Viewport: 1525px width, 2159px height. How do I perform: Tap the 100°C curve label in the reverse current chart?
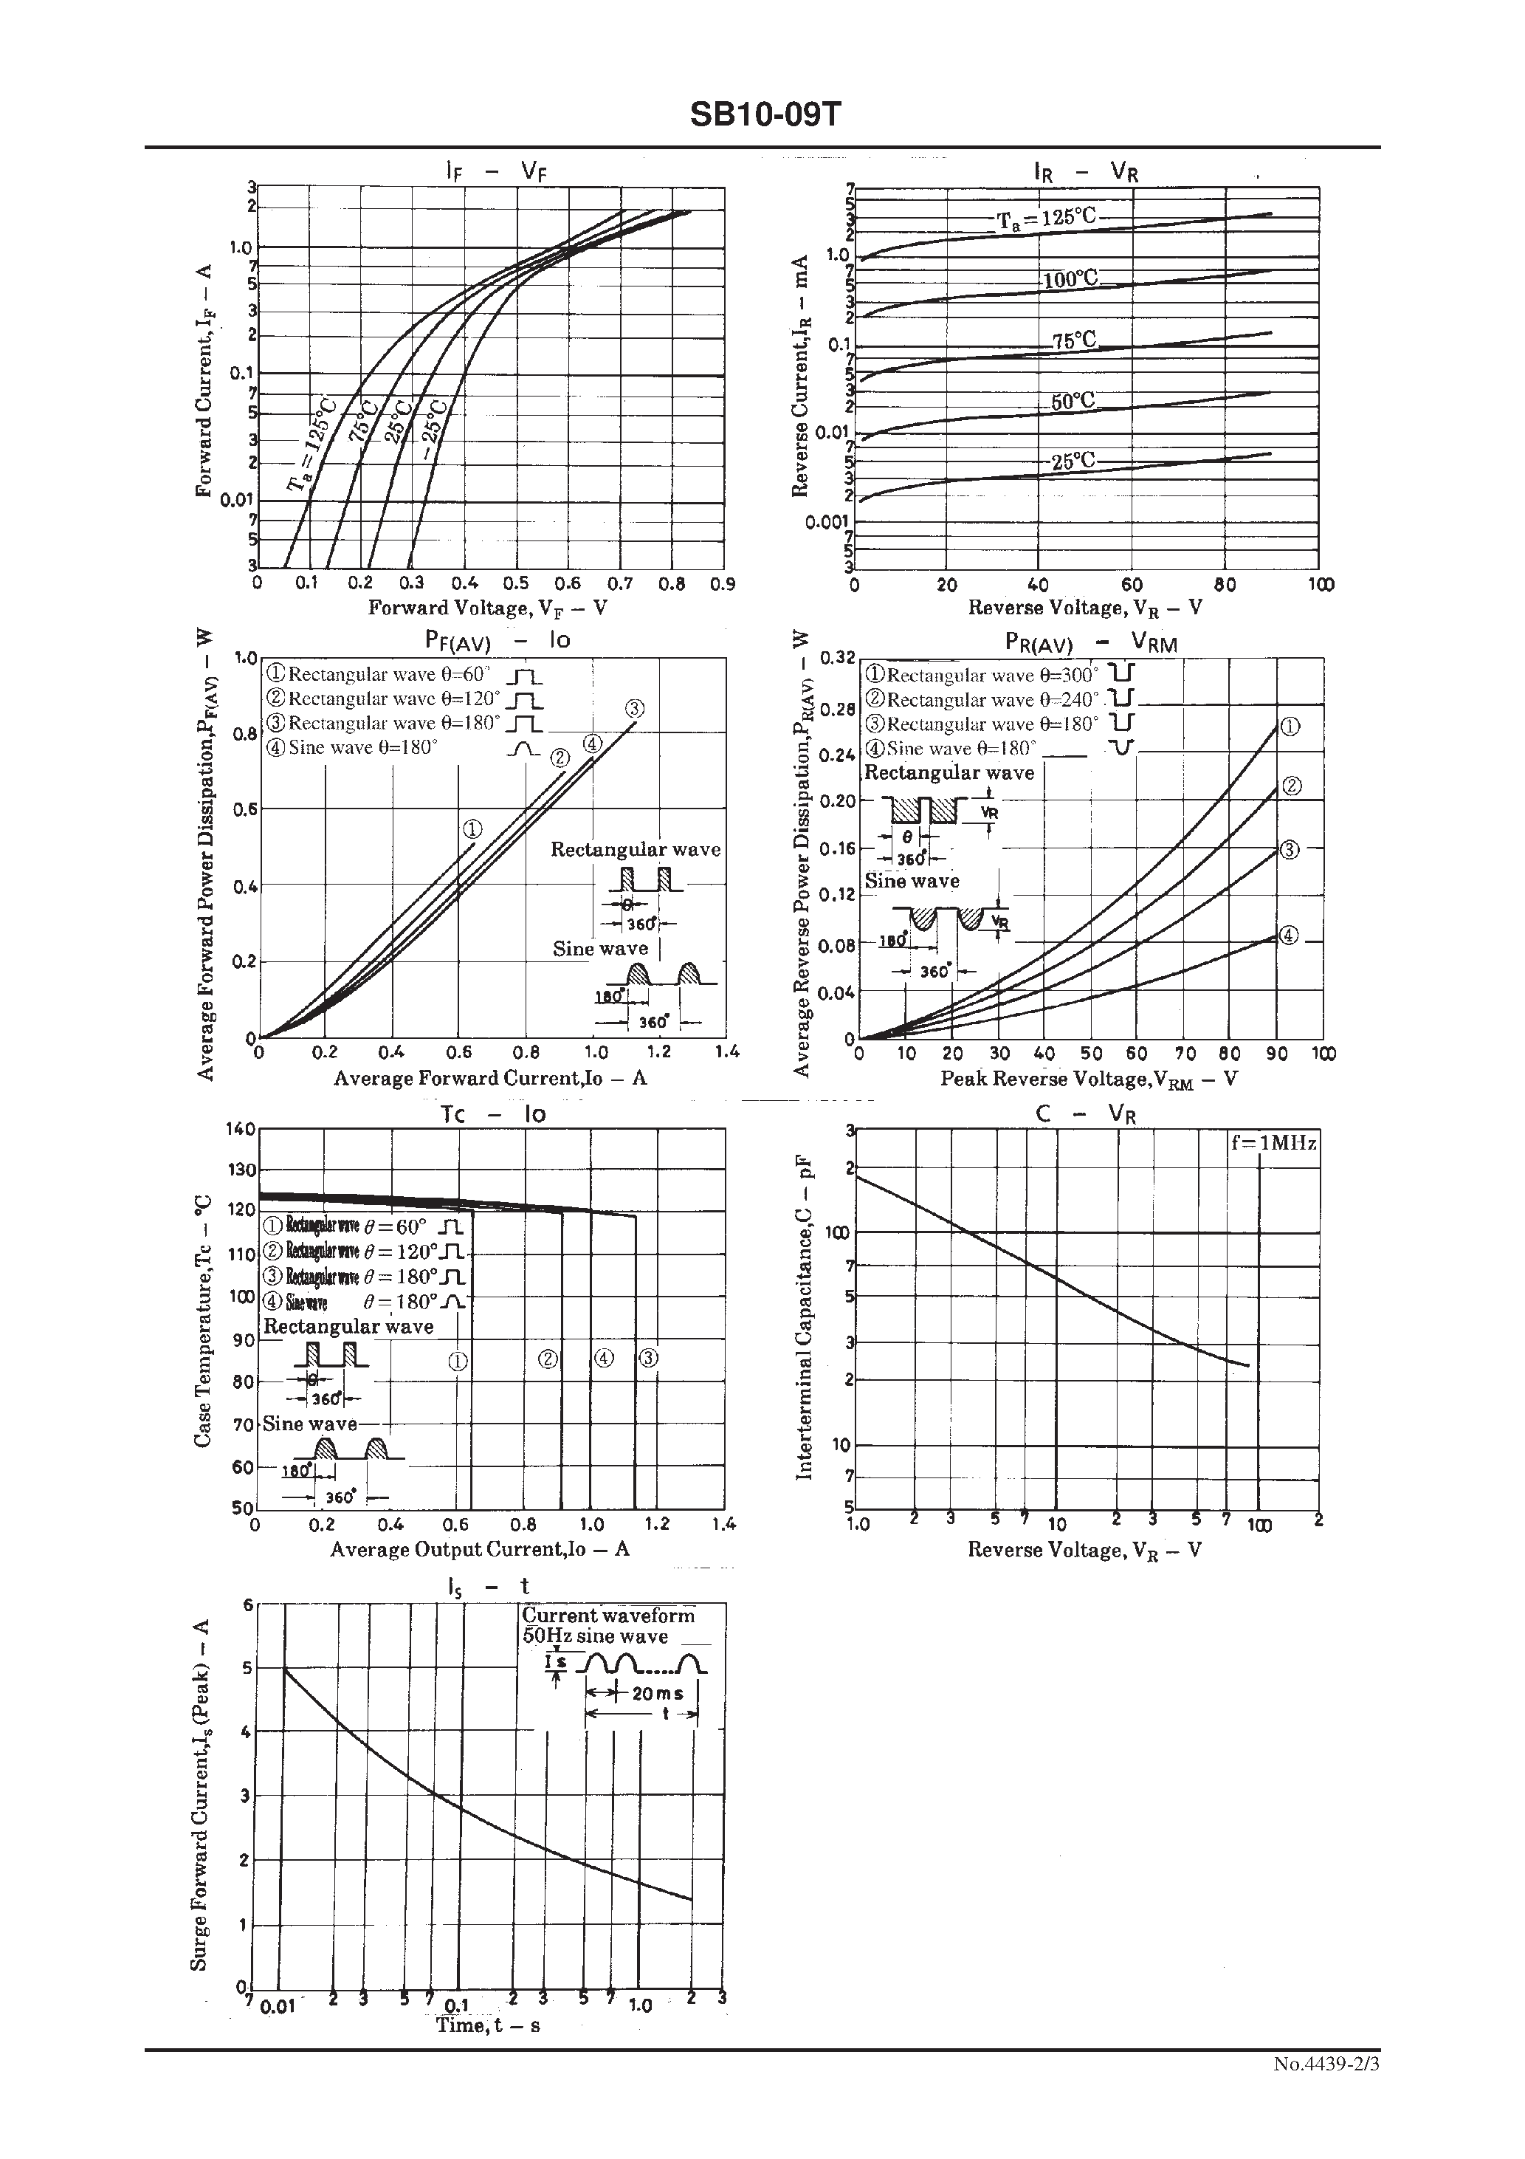tap(1070, 279)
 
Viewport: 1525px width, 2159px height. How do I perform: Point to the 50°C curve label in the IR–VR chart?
tap(1073, 401)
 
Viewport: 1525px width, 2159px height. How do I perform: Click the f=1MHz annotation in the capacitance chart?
tap(1274, 1144)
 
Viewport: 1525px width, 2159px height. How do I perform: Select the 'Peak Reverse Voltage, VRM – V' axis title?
tap(1089, 1079)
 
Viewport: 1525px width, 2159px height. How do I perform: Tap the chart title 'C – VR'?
tap(1086, 1114)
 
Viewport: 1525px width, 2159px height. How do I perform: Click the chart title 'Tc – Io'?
tap(492, 1114)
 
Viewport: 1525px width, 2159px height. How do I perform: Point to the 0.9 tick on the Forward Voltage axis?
tap(722, 584)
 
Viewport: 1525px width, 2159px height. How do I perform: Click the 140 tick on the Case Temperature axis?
tap(241, 1129)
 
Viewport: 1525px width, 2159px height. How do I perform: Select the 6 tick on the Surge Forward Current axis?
tap(248, 1605)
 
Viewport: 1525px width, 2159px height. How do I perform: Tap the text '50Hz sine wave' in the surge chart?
tap(595, 1636)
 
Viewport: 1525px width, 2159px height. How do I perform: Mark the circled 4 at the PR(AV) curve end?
tap(1289, 936)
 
